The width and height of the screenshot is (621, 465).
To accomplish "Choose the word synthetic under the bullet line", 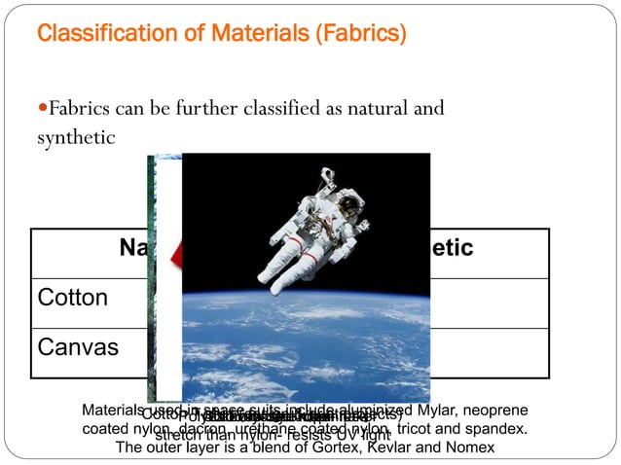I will point(76,138).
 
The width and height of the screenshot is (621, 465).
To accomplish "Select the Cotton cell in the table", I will point(73,298).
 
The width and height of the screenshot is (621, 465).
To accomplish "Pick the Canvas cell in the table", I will point(76,345).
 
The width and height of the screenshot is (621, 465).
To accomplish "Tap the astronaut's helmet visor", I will point(347,204).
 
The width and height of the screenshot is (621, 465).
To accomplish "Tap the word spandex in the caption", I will point(499,429).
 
